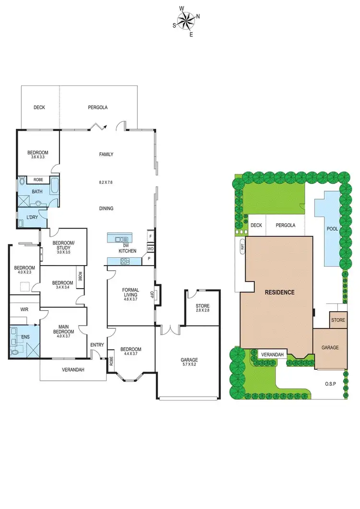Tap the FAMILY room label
tap(106, 154)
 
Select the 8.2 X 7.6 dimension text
tap(106, 182)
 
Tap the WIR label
tap(24, 310)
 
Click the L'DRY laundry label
tap(32, 218)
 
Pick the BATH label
tap(37, 192)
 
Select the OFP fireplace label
tap(152, 294)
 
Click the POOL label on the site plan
tap(332, 229)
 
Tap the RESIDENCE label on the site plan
tap(278, 292)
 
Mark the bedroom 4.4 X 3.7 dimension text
tap(130, 354)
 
